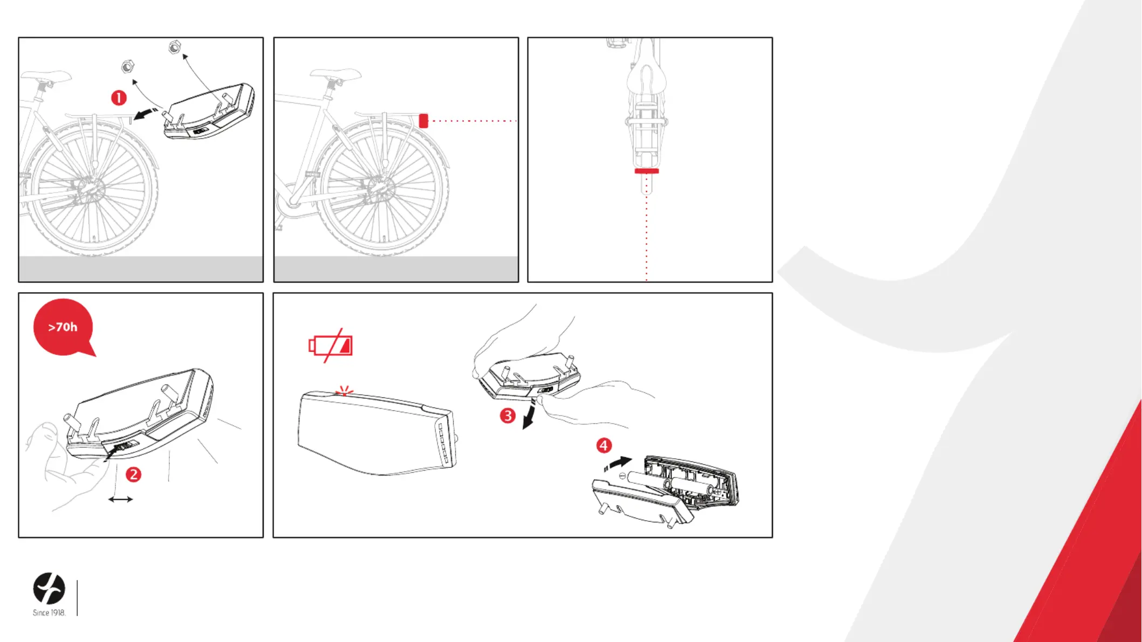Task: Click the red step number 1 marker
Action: (119, 98)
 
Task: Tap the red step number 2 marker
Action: (133, 474)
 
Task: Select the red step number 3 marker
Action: (507, 416)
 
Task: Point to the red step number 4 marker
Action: (604, 445)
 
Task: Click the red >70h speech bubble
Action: (64, 327)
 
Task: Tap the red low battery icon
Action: (330, 346)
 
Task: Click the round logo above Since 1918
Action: (49, 588)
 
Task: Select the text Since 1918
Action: (49, 613)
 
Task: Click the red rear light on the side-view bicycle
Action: (423, 121)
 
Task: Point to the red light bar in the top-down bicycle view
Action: (646, 171)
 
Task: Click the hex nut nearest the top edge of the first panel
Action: (174, 48)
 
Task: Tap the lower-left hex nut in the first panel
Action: (127, 66)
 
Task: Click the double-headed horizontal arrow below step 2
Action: (120, 500)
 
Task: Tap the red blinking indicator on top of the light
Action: (344, 390)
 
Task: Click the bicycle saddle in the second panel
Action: (336, 74)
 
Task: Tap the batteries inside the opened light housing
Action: (672, 484)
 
